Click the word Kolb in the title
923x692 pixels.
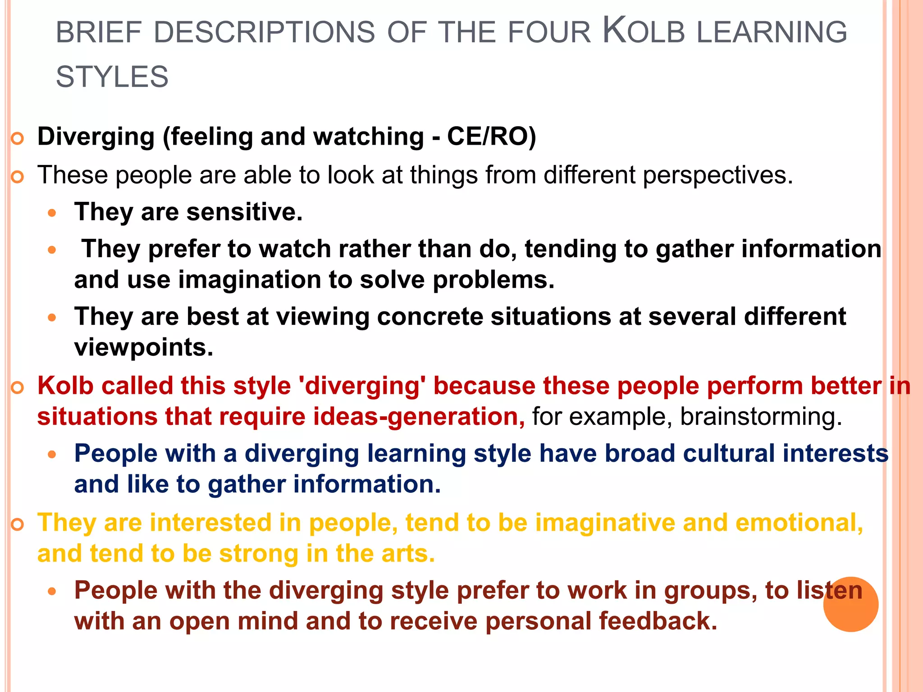coord(644,32)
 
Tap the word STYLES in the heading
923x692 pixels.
coord(112,77)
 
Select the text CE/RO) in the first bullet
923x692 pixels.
coord(491,137)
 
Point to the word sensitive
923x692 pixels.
coord(244,212)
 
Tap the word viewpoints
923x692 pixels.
coord(143,347)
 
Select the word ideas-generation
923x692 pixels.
coord(419,417)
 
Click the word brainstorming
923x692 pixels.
coord(761,417)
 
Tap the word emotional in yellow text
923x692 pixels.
coord(799,523)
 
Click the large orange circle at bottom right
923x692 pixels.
coord(850,604)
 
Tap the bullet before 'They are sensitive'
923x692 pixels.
coord(52,213)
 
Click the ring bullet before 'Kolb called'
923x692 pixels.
coord(17,387)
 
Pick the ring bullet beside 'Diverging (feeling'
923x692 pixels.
coord(17,138)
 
